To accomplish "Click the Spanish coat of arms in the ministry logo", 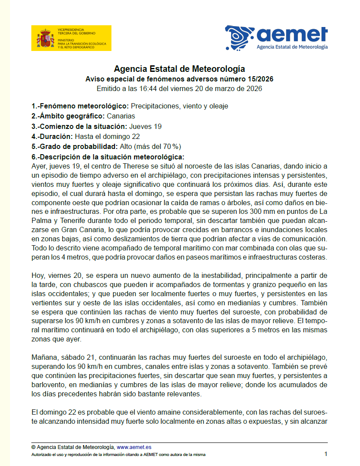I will tap(45, 38).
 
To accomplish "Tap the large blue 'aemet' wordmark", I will tap(292, 34).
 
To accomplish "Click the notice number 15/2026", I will tap(259, 79).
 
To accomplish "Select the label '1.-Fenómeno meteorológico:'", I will tap(80, 106).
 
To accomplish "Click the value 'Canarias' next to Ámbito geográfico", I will tap(121, 116).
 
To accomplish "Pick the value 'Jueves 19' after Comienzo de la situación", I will tap(145, 126).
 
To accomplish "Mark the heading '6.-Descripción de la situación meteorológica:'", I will tap(108, 157).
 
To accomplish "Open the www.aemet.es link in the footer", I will tap(134, 447).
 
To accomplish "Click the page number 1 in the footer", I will tap(326, 454).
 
